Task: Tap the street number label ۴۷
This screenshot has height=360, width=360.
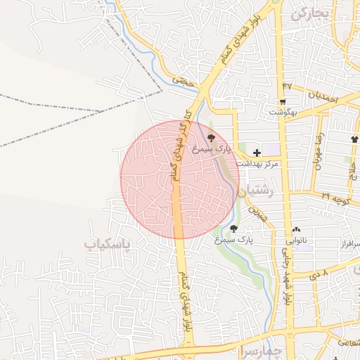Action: coord(286,86)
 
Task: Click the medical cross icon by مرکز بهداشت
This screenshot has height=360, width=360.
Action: coord(257,153)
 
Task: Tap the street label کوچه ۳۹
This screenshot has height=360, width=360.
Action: coord(336,197)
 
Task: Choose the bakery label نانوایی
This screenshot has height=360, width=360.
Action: coord(296,240)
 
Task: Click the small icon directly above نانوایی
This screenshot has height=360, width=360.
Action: coord(296,230)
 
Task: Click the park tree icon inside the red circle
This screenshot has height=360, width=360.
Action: coord(212,138)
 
